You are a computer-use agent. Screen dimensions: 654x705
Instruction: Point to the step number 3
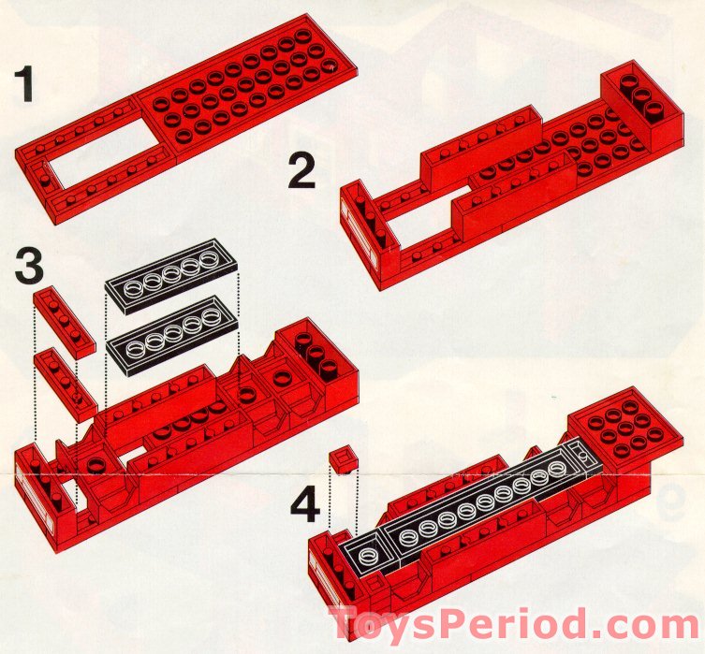click(x=28, y=266)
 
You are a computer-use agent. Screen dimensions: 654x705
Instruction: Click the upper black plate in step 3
click(x=172, y=276)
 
